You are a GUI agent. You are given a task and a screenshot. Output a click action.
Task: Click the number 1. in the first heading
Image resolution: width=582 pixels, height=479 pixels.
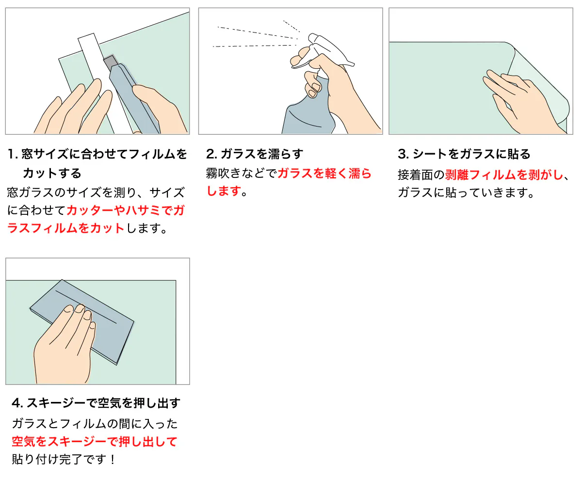click(x=13, y=154)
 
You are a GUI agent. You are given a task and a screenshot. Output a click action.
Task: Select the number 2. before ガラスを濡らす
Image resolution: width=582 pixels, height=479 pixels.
click(x=212, y=154)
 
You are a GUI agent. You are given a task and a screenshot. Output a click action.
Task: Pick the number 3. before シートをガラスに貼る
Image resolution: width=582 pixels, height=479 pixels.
click(x=403, y=154)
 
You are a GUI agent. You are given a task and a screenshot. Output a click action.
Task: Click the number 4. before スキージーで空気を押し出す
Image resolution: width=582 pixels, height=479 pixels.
click(x=17, y=403)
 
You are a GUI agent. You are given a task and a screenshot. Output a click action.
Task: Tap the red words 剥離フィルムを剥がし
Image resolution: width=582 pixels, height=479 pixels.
click(x=504, y=175)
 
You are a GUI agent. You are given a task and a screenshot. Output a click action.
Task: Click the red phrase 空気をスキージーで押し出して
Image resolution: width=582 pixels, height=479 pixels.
click(x=95, y=442)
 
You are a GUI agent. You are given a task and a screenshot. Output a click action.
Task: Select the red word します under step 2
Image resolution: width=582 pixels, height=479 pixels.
click(x=224, y=191)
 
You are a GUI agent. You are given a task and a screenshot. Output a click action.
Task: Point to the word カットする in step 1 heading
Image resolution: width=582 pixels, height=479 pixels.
click(x=52, y=173)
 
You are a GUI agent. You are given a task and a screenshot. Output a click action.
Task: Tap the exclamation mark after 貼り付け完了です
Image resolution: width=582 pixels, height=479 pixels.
click(x=113, y=460)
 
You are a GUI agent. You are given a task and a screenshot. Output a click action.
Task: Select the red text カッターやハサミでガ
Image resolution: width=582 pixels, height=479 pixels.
click(x=126, y=210)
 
